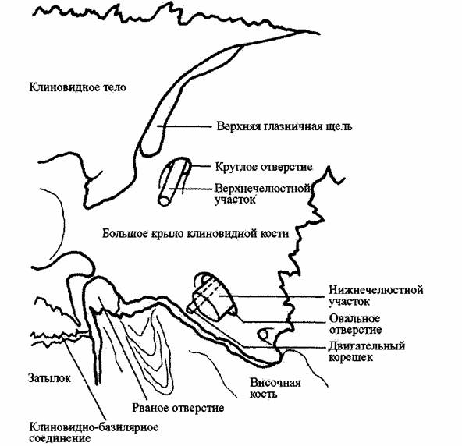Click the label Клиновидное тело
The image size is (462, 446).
pyautogui.click(x=78, y=87)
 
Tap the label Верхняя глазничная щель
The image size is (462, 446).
pyautogui.click(x=284, y=126)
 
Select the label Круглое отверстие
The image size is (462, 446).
pyautogui.click(x=264, y=167)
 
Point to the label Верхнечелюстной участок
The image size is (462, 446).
pyautogui.click(x=263, y=193)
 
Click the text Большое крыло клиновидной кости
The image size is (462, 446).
pyautogui.click(x=195, y=234)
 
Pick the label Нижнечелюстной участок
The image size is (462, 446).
pyautogui.click(x=376, y=296)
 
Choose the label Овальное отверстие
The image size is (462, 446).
pyautogui.click(x=355, y=324)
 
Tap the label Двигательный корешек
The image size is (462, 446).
pyautogui.click(x=367, y=351)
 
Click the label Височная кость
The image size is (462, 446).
pyautogui.click(x=275, y=388)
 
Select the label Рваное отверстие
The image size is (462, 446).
pyautogui.click(x=178, y=408)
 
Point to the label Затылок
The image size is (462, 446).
pyautogui.click(x=49, y=378)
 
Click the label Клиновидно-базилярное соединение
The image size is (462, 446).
pyautogui.click(x=94, y=433)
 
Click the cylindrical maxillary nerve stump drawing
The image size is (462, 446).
pyautogui.click(x=174, y=182)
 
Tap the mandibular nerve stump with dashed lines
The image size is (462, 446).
pyautogui.click(x=211, y=297)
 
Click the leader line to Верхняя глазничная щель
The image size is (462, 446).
pyautogui.click(x=185, y=126)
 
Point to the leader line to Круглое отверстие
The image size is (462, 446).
pyautogui.click(x=200, y=166)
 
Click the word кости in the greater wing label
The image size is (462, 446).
pyautogui.click(x=275, y=234)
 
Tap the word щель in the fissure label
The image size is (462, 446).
pyautogui.click(x=339, y=127)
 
